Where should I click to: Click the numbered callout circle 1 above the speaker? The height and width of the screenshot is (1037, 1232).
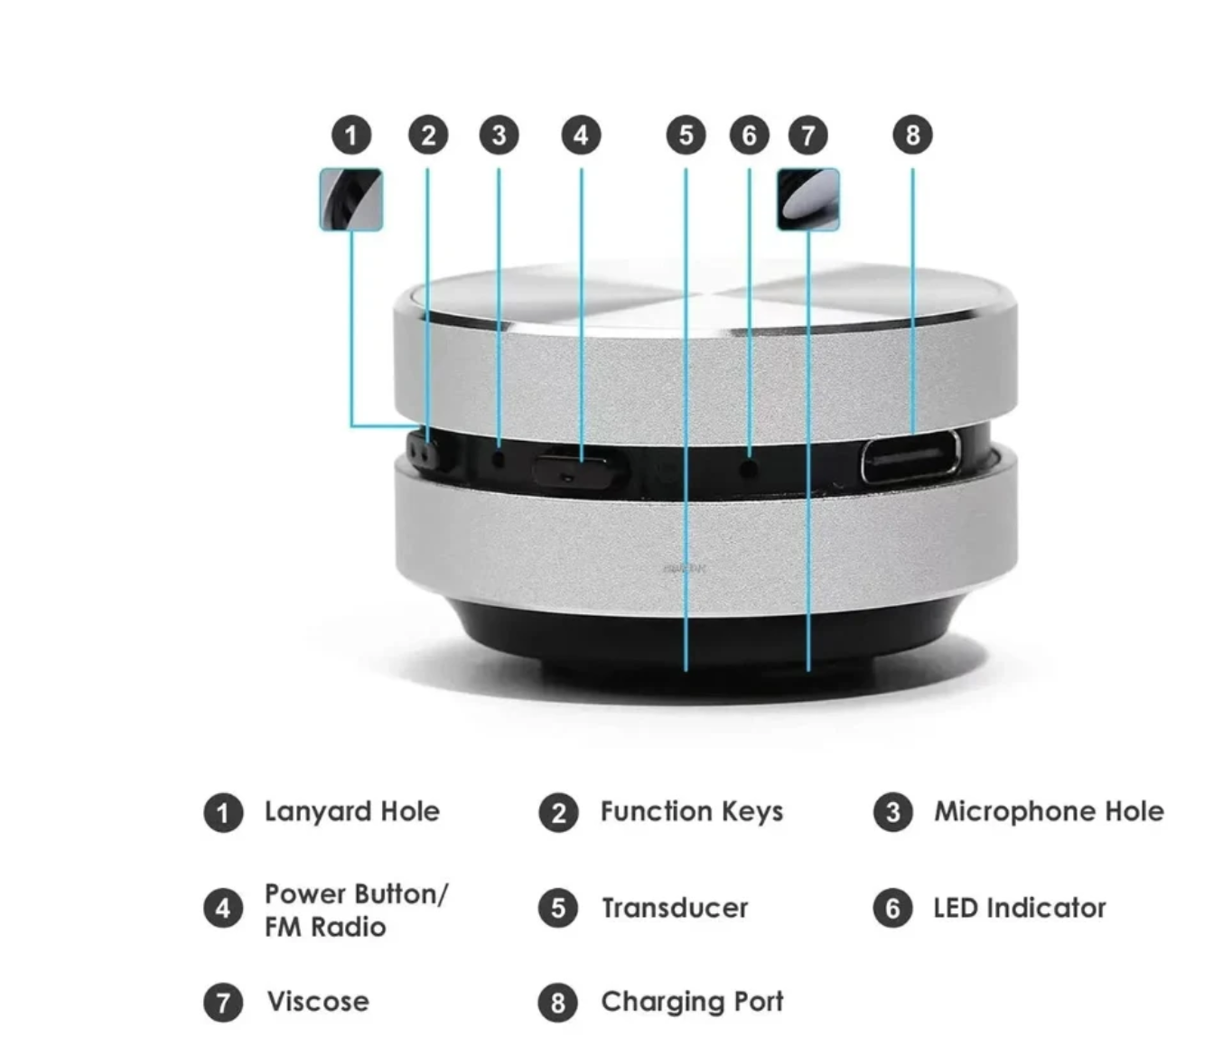pyautogui.click(x=351, y=135)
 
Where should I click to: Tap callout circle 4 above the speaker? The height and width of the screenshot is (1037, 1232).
pyautogui.click(x=581, y=135)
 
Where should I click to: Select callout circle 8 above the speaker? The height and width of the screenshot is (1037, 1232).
pyautogui.click(x=912, y=135)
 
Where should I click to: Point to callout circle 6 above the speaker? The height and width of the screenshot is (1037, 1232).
pyautogui.click(x=749, y=135)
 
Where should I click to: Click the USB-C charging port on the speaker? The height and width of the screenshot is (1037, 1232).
pyautogui.click(x=910, y=457)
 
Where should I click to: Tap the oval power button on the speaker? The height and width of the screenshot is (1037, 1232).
pyautogui.click(x=578, y=471)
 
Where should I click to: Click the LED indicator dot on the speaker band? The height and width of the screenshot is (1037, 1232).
pyautogui.click(x=749, y=469)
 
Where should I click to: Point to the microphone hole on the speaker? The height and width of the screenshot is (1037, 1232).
pyautogui.click(x=498, y=459)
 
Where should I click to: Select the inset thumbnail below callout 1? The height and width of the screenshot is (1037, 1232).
pyautogui.click(x=351, y=200)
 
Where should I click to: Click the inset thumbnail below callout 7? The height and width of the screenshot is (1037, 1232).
pyautogui.click(x=808, y=200)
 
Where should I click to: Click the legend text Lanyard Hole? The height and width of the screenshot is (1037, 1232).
pyautogui.click(x=351, y=811)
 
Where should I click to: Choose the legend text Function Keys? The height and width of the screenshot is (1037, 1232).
pyautogui.click(x=691, y=811)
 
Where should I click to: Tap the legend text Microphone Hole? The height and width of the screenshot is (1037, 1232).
pyautogui.click(x=1048, y=811)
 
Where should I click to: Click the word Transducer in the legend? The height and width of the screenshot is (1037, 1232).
pyautogui.click(x=675, y=908)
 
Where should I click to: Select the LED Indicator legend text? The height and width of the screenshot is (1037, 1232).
pyautogui.click(x=1019, y=908)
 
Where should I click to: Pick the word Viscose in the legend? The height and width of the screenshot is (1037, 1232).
pyautogui.click(x=318, y=1002)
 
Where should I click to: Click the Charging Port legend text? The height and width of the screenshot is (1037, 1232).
pyautogui.click(x=692, y=1002)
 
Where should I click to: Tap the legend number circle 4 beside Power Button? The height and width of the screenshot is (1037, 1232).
pyautogui.click(x=223, y=908)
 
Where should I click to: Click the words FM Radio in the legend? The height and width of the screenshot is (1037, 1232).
pyautogui.click(x=325, y=927)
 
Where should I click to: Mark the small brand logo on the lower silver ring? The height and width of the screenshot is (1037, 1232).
pyautogui.click(x=685, y=569)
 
